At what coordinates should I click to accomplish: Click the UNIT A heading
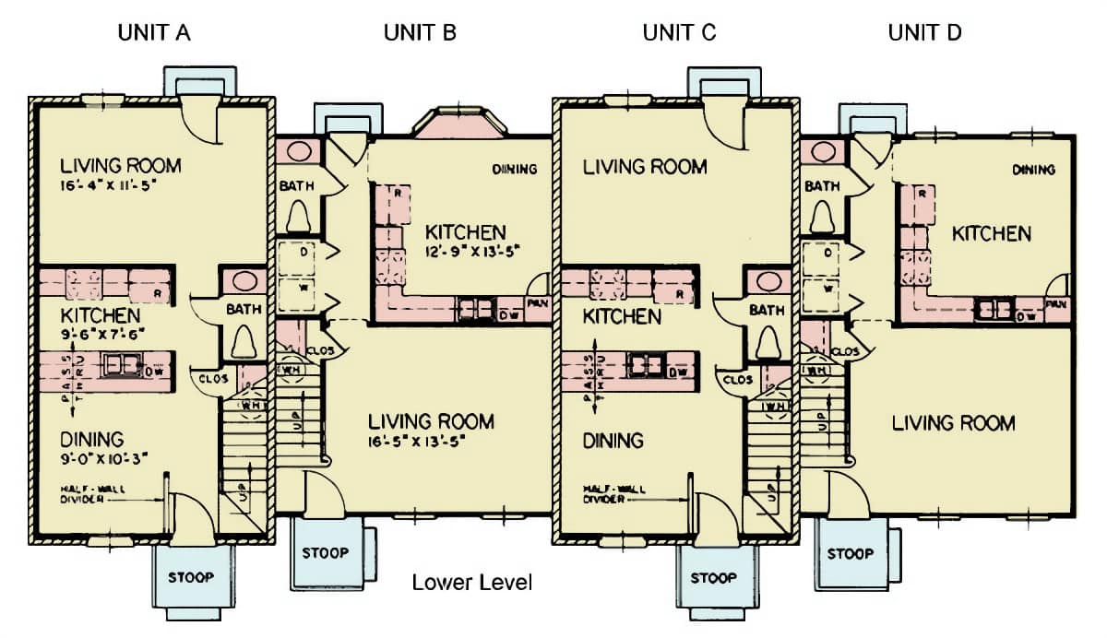tap(154, 33)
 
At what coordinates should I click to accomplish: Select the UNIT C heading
tap(679, 33)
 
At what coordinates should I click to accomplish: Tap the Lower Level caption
tap(471, 583)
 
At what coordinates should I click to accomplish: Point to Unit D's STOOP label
tap(850, 554)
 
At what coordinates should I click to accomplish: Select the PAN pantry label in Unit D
tap(1058, 304)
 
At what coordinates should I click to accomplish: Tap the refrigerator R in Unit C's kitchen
tap(682, 294)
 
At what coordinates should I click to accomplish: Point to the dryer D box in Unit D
tap(827, 253)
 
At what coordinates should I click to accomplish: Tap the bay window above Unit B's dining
tap(458, 124)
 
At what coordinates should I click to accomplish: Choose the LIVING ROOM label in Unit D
tap(953, 423)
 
